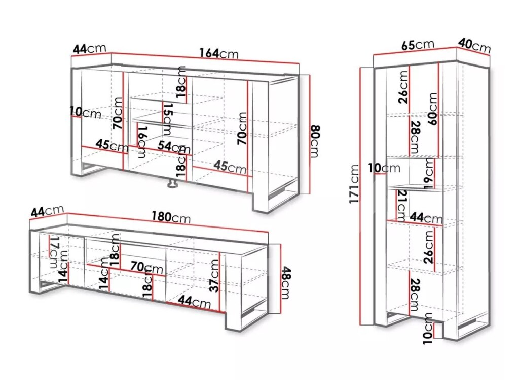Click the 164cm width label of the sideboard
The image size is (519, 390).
pyautogui.click(x=219, y=53)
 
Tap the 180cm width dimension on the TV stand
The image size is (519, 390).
pyautogui.click(x=171, y=217)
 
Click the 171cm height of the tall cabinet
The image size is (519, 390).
pyautogui.click(x=354, y=184)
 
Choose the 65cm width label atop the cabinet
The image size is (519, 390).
pyautogui.click(x=418, y=45)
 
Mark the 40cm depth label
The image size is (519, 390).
pyautogui.click(x=474, y=46)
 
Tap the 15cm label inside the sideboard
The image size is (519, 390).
pyautogui.click(x=167, y=119)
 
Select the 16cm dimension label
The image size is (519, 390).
pyautogui.click(x=142, y=142)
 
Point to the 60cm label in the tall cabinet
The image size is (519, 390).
pyautogui.click(x=433, y=109)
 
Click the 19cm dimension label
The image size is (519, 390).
pyautogui.click(x=429, y=174)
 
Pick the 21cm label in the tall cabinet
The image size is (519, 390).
pyautogui.click(x=401, y=206)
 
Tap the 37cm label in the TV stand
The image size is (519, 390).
pyautogui.click(x=215, y=276)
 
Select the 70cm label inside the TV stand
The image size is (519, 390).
pyautogui.click(x=146, y=267)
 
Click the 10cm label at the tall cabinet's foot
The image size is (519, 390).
pyautogui.click(x=428, y=329)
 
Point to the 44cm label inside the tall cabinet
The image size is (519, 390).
pyautogui.click(x=426, y=218)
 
